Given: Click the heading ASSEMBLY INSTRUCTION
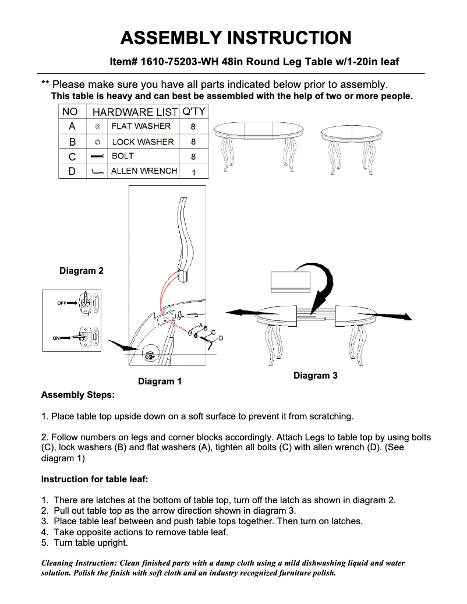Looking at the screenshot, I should click(235, 38).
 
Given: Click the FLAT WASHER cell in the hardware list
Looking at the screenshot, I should click(141, 126).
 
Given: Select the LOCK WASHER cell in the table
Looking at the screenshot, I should click(143, 142).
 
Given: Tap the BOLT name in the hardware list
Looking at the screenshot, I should click(123, 156).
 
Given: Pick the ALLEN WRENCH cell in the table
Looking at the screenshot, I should click(144, 171).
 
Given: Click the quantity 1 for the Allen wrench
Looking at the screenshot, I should click(193, 172).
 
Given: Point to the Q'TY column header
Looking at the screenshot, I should click(193, 111).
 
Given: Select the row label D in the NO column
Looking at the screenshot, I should click(72, 171).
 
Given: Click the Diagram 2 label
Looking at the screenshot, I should click(82, 271).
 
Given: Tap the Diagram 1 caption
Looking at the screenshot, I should click(160, 382).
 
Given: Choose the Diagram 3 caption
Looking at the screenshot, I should click(315, 376).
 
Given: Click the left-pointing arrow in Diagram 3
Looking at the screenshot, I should click(242, 311).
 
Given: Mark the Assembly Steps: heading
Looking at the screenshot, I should click(78, 395).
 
